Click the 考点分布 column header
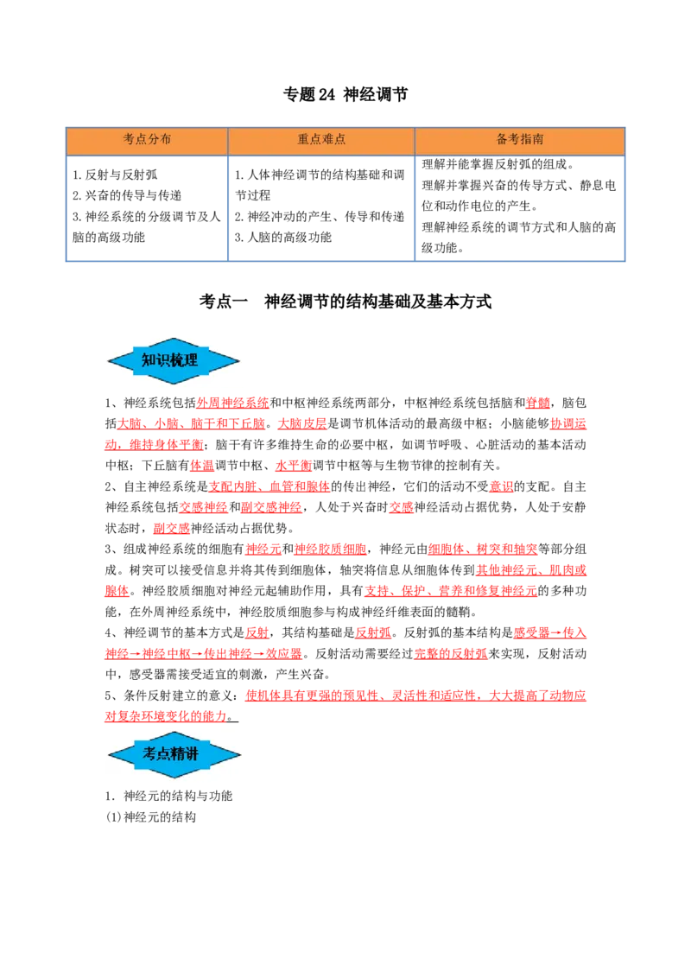(147, 139)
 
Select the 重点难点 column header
(321, 139)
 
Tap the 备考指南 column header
(520, 139)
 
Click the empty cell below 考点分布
(145, 207)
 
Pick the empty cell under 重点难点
(321, 207)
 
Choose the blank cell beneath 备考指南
(521, 207)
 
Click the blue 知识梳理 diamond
(174, 361)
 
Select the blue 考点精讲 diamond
(174, 754)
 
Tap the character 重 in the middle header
(303, 139)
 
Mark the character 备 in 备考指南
(503, 139)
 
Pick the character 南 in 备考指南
(538, 139)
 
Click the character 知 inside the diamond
(149, 361)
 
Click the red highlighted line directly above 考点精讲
(164, 716)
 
